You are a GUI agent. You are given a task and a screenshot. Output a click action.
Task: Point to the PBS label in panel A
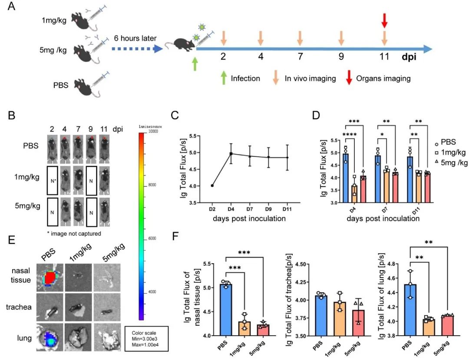[61, 86]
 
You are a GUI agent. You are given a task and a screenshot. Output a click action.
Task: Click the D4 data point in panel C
[219, 153]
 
